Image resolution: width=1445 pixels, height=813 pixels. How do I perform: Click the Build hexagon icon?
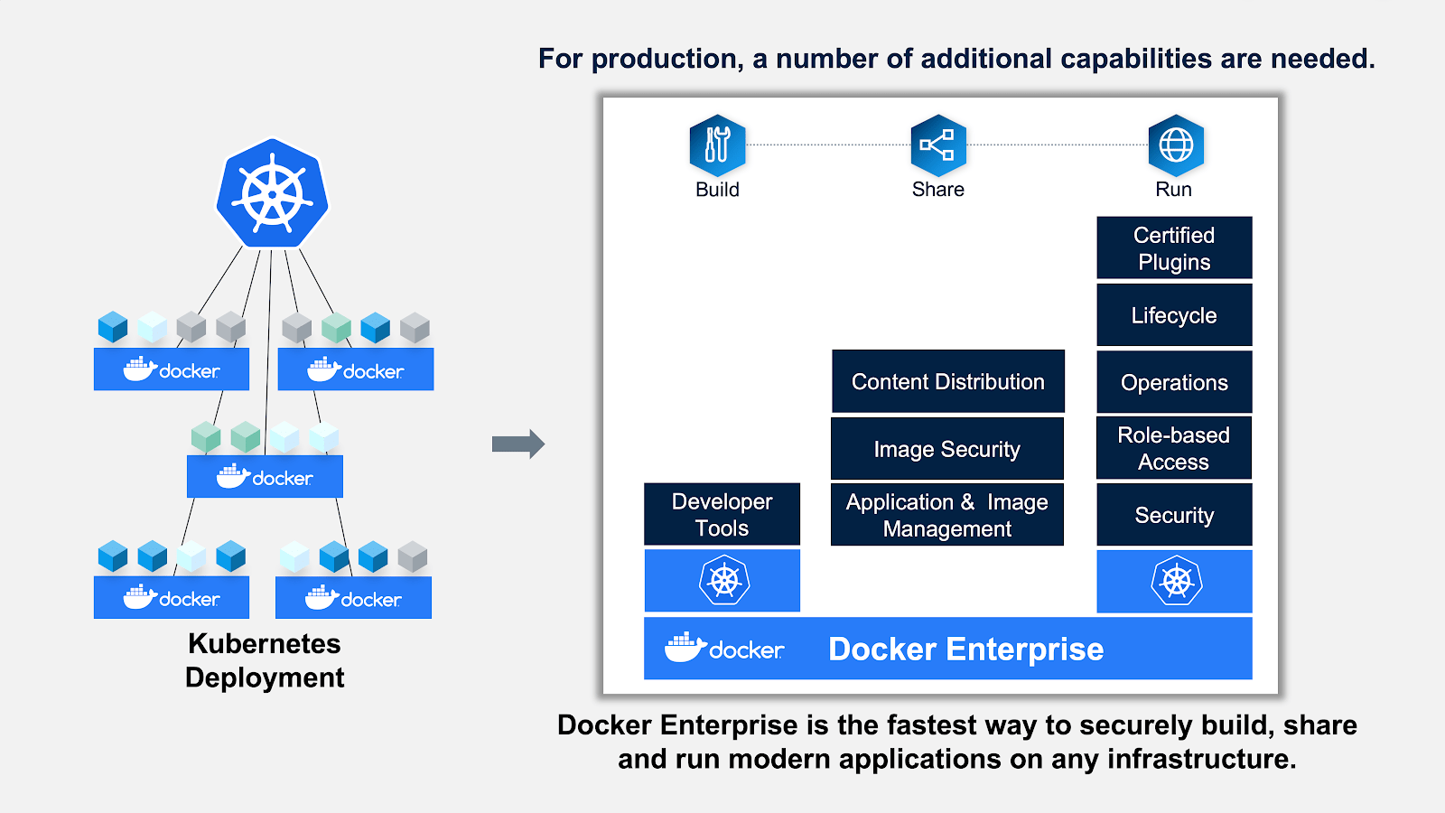point(717,145)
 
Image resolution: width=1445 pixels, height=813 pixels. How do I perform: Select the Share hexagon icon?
point(938,145)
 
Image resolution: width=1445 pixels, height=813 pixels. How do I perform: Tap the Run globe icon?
point(1175,145)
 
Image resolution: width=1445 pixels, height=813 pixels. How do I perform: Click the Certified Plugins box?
point(1174,248)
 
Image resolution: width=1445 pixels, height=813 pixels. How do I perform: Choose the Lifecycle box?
point(1174,315)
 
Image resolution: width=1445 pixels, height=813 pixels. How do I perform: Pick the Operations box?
point(1174,382)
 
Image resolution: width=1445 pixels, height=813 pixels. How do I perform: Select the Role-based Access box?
point(1174,448)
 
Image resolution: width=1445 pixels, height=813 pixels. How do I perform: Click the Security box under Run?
point(1174,515)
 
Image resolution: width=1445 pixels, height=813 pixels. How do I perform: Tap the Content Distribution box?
point(947,381)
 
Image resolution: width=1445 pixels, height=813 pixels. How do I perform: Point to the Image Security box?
point(946,449)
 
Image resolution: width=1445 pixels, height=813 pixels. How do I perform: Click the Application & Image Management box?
point(946,515)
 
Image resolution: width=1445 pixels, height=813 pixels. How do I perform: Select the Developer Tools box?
point(722,514)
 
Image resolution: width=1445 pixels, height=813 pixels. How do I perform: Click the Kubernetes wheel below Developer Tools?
point(723,581)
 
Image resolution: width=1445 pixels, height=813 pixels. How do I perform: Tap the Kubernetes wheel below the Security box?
point(1176,581)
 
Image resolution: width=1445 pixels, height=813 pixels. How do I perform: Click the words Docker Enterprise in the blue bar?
point(965,649)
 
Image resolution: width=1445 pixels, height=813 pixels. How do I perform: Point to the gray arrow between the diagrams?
point(517,444)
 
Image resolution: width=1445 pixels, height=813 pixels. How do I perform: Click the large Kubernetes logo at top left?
point(272,194)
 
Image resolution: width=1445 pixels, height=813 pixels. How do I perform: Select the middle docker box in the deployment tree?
point(265,477)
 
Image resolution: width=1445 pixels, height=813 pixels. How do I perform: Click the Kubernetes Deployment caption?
point(265,660)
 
